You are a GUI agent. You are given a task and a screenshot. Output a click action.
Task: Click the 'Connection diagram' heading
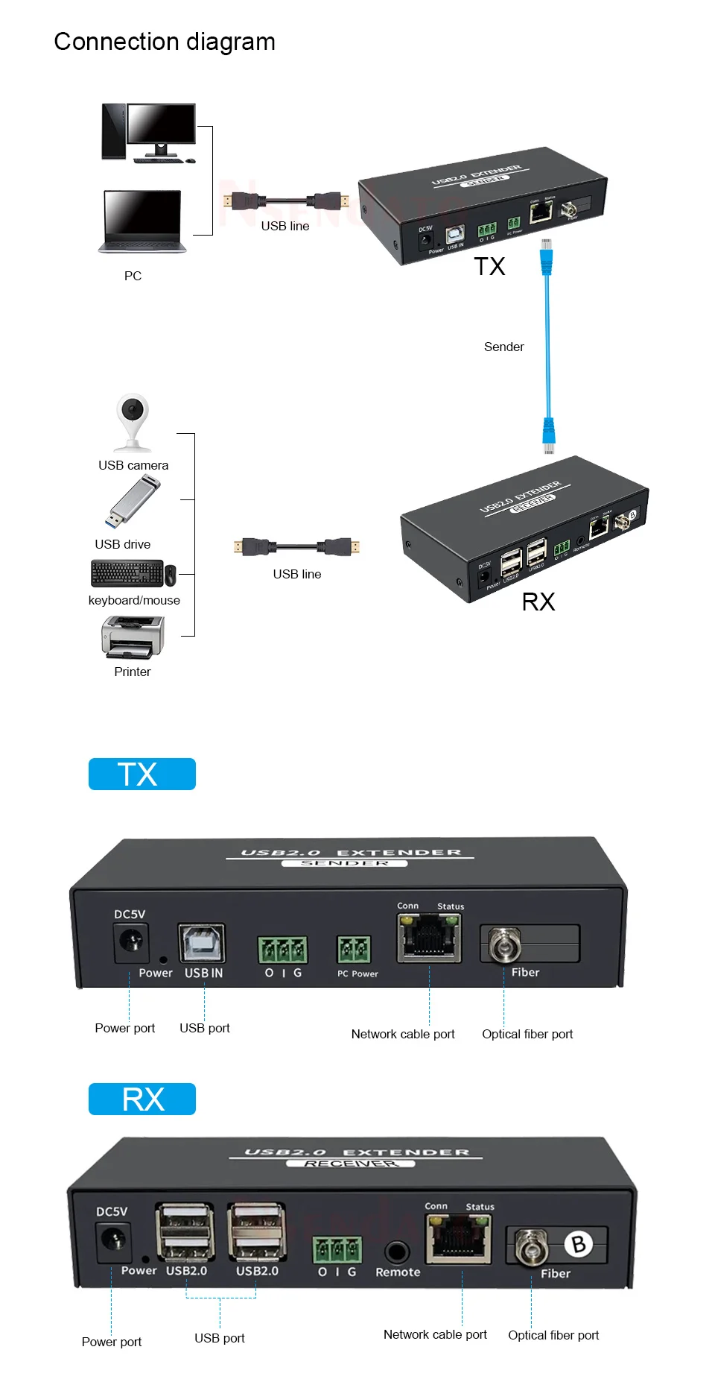165,42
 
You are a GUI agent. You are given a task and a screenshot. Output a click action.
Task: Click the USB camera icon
133,421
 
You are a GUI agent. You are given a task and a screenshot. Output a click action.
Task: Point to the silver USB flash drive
133,501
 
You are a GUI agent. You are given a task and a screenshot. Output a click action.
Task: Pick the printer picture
133,637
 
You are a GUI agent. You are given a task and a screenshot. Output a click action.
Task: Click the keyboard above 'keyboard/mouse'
127,573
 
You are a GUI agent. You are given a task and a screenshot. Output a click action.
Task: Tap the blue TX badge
142,774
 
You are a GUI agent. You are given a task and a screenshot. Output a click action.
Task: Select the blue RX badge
142,1099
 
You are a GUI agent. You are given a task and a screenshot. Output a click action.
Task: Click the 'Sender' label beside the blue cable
503,347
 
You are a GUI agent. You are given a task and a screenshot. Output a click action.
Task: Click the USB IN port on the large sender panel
201,943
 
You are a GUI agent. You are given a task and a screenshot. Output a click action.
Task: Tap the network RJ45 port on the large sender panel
429,938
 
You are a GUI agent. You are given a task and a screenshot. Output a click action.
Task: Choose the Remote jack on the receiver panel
397,1252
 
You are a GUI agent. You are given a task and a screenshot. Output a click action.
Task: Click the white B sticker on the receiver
578,1243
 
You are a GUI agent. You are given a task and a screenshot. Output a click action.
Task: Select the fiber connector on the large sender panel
504,945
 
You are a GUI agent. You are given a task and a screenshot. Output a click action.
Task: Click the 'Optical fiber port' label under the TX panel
527,1034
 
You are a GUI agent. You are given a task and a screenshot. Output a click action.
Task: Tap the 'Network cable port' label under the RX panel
435,1334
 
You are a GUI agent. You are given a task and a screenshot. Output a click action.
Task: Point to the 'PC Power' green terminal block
354,950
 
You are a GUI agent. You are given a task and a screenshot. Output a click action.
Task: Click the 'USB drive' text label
122,544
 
